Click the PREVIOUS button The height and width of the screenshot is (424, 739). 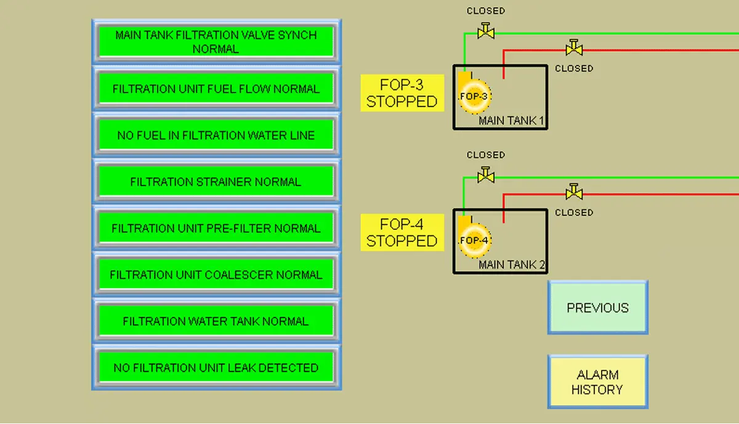[597, 308]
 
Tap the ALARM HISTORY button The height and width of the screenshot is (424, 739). [597, 382]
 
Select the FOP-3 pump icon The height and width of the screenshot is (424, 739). [474, 97]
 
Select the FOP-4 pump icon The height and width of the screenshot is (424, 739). [474, 240]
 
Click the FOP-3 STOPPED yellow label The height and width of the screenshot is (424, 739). [402, 93]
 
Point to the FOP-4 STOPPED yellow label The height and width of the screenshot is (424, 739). [402, 232]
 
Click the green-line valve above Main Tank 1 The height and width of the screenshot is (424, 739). [486, 30]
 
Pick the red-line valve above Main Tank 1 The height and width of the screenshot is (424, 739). [574, 48]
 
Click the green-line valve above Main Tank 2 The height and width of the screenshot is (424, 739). [486, 175]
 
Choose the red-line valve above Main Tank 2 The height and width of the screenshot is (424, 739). [574, 192]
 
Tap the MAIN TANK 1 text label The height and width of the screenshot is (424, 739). [512, 121]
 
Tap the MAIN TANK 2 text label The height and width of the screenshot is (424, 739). [512, 265]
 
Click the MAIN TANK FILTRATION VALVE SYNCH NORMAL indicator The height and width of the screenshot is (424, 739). [216, 42]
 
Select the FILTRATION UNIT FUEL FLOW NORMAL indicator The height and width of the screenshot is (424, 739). [216, 89]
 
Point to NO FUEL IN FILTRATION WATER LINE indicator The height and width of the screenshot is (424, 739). [216, 136]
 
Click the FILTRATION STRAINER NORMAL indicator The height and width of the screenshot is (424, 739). [216, 182]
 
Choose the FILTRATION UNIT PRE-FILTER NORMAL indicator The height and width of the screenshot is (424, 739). [216, 229]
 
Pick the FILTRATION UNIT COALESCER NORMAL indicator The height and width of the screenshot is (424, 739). [216, 275]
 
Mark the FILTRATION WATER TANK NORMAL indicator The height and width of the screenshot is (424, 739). [216, 321]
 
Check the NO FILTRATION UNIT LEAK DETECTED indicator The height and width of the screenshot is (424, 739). [216, 368]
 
